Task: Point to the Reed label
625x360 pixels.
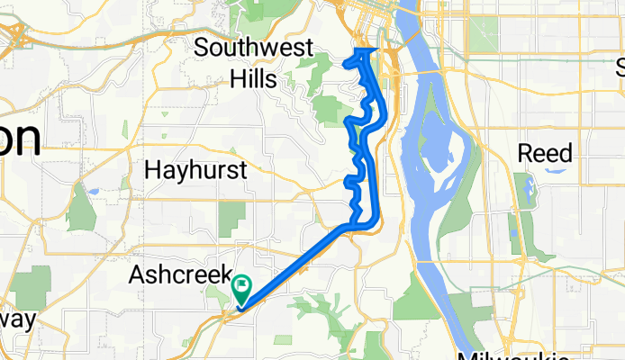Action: coord(545,154)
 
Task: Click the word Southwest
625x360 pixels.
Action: coord(254,48)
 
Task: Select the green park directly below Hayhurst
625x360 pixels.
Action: coord(231,213)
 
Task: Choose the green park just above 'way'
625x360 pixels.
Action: coord(32,286)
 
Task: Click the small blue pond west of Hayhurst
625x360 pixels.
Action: coord(92,192)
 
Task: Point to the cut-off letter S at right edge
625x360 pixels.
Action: coord(620,67)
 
